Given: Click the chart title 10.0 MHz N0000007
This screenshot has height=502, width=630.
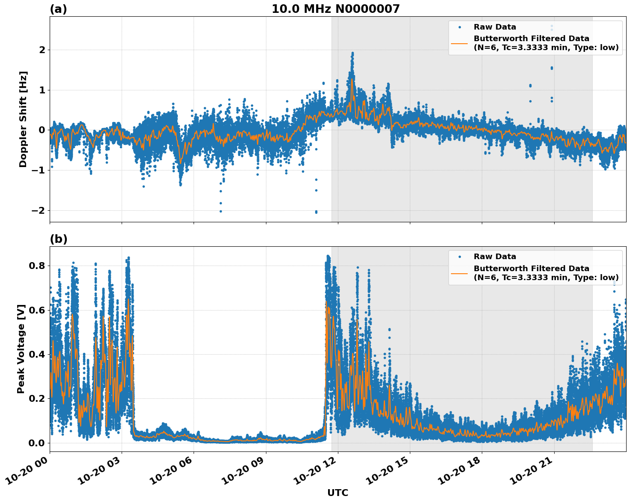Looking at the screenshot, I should [335, 9].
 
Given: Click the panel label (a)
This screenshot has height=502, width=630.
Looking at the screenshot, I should [58, 9].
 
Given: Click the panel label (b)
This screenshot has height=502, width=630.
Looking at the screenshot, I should [58, 239].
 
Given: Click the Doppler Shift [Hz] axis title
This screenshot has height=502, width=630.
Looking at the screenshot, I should [23, 119].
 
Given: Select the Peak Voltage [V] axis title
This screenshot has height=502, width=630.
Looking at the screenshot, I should [21, 349].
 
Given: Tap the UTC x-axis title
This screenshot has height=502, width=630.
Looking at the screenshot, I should [337, 493].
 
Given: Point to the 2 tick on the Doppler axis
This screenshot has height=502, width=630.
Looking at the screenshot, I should [42, 50].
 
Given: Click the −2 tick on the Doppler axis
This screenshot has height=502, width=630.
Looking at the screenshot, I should [38, 210].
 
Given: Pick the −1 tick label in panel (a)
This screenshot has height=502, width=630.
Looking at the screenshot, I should [38, 170].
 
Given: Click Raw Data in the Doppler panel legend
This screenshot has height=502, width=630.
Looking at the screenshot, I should [495, 27].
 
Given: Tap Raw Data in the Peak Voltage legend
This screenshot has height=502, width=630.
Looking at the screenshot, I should [495, 257].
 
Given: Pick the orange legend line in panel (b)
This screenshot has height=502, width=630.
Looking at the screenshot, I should [460, 273].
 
